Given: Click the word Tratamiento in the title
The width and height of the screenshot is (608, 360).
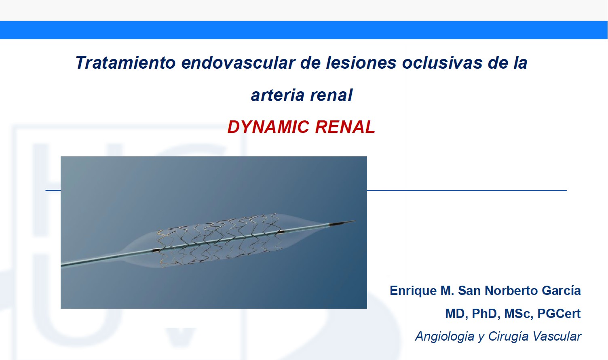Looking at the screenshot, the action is point(125,63).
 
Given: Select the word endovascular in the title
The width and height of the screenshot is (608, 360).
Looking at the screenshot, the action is point(238,63).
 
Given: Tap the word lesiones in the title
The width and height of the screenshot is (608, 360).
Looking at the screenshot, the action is point(361,63).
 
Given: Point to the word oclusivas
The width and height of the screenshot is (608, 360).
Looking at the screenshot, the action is point(442,63).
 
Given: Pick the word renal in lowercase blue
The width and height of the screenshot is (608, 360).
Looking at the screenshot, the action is point(331,95).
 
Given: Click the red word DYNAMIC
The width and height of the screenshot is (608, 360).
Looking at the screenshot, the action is point(268,127).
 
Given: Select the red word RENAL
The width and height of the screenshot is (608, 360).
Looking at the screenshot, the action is point(345,127).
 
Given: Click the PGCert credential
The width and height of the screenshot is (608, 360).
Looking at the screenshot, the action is point(559,314).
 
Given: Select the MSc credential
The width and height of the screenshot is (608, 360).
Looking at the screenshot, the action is point(519,314).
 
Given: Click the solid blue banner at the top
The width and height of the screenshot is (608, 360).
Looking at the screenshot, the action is point(304,30).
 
